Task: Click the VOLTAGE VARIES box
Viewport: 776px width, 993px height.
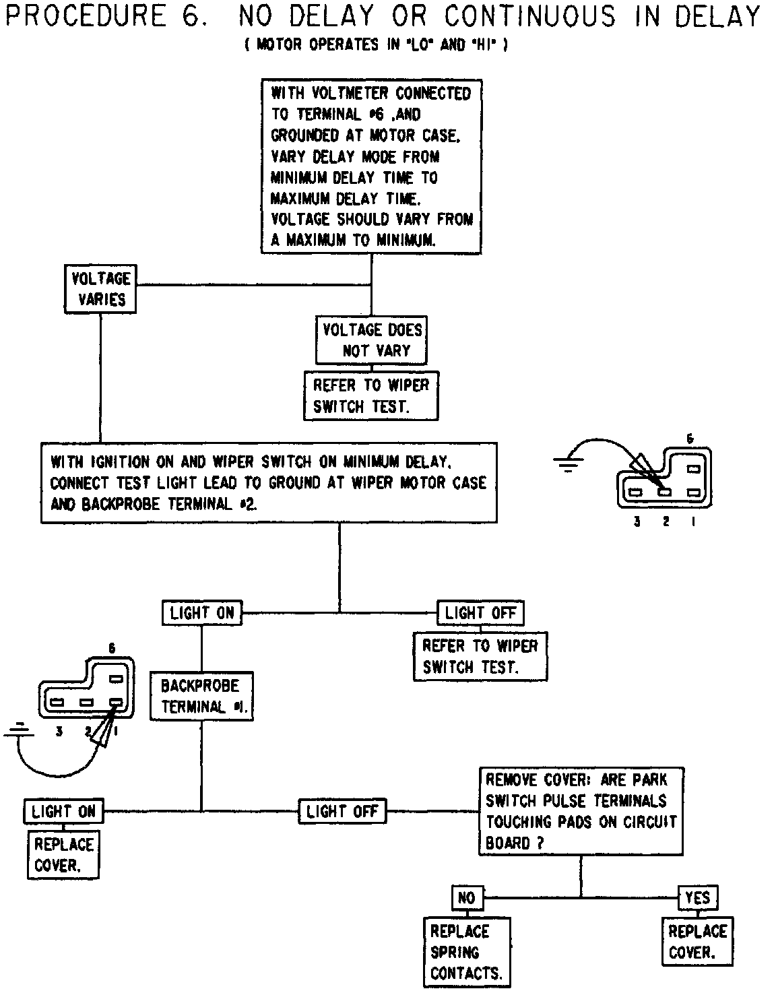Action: coord(101,289)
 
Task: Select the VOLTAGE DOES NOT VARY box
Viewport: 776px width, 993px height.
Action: coord(371,340)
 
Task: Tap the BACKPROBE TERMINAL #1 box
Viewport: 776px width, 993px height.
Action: coord(201,697)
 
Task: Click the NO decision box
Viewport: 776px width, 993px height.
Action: coord(466,897)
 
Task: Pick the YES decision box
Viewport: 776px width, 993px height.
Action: coord(697,897)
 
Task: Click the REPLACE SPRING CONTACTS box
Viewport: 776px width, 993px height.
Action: coord(465,952)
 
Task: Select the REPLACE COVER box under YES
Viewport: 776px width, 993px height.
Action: coord(697,942)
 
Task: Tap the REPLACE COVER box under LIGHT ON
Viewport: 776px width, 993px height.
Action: coord(64,855)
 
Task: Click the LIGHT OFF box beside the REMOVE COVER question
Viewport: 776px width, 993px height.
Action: coord(342,811)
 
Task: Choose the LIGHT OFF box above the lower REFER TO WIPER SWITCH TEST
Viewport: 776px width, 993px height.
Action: coord(480,613)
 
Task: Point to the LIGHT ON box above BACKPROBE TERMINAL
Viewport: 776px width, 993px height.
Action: coord(201,613)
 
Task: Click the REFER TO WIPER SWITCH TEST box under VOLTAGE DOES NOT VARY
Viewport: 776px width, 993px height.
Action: coord(371,396)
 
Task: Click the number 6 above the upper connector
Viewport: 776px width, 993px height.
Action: coord(690,439)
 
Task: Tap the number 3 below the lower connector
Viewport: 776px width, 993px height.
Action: coord(60,731)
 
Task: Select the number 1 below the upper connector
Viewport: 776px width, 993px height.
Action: coord(692,521)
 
